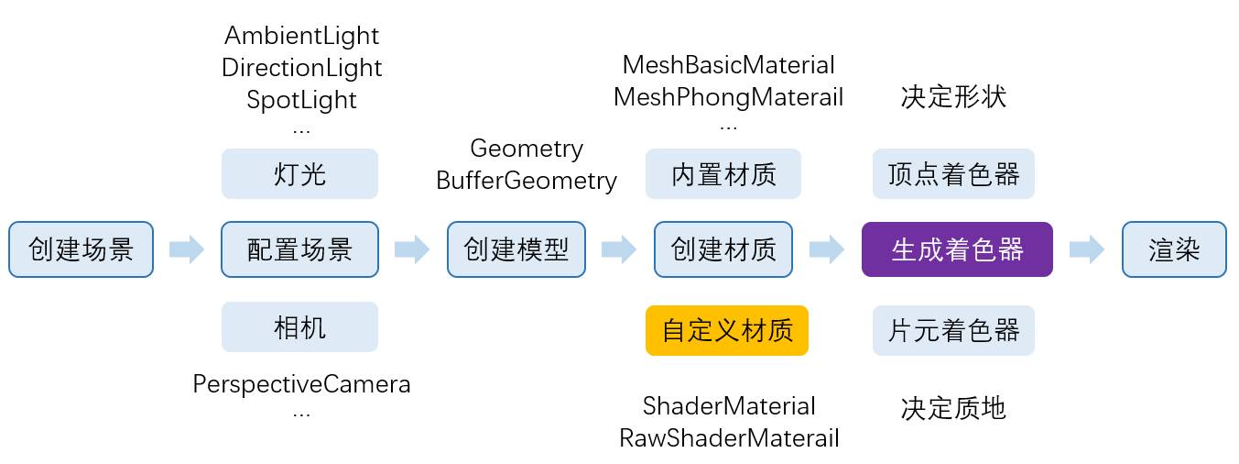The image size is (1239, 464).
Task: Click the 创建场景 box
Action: [x=82, y=249]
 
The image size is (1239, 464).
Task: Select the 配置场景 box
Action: [x=299, y=249]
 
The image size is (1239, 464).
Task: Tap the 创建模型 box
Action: [x=516, y=249]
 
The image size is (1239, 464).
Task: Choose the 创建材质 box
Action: [x=723, y=249]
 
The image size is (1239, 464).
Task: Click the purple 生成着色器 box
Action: [x=957, y=249]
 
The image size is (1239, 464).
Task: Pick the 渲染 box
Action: [x=1173, y=249]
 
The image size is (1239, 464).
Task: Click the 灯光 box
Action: [x=299, y=173]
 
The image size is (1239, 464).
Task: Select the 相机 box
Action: [x=299, y=327]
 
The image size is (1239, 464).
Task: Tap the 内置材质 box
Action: [x=723, y=173]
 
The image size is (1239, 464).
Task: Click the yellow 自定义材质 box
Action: [x=727, y=330]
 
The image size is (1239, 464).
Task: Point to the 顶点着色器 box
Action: [x=953, y=173]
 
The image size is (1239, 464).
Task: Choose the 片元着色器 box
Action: [x=953, y=330]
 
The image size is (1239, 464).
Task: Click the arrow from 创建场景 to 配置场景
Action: [x=187, y=249]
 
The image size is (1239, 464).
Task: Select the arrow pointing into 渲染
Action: [x=1087, y=249]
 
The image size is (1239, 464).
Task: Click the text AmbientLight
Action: [x=301, y=36]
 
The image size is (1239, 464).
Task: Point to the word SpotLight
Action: [x=301, y=99]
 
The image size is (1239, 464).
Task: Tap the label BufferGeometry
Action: [x=527, y=180]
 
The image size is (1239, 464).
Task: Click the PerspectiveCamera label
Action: [x=301, y=383]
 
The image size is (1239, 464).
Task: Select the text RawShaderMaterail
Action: [x=729, y=437]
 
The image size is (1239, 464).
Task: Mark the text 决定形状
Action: [x=953, y=97]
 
